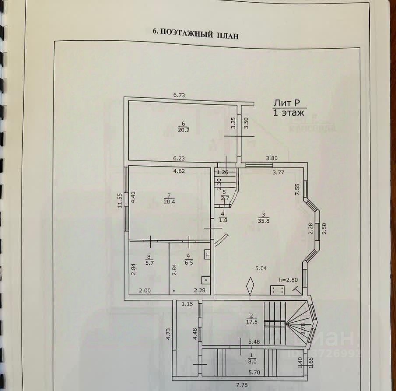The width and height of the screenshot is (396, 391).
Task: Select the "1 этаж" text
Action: tap(288, 113)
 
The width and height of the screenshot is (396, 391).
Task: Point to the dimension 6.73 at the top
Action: tap(180, 95)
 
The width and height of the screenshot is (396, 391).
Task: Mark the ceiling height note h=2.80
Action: tap(288, 279)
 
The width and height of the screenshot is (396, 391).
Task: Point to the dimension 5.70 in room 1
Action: tap(255, 373)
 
